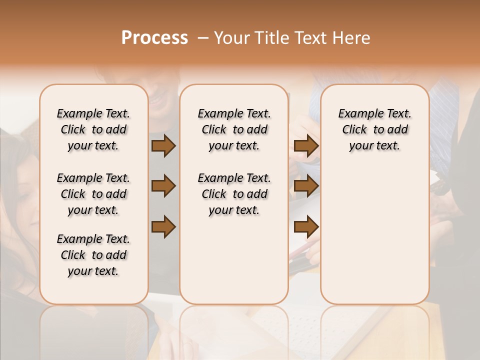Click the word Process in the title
(154, 37)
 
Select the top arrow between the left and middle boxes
(163, 146)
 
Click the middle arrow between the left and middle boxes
(163, 186)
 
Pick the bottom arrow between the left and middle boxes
(163, 227)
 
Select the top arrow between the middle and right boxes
(306, 146)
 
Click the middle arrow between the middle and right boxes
(306, 186)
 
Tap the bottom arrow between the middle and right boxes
(306, 227)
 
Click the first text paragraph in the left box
(93, 129)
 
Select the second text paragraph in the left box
(93, 194)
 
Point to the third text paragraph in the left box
(93, 255)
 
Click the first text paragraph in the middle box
(234, 129)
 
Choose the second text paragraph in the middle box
(234, 194)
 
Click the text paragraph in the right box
(374, 129)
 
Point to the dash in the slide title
(203, 38)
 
